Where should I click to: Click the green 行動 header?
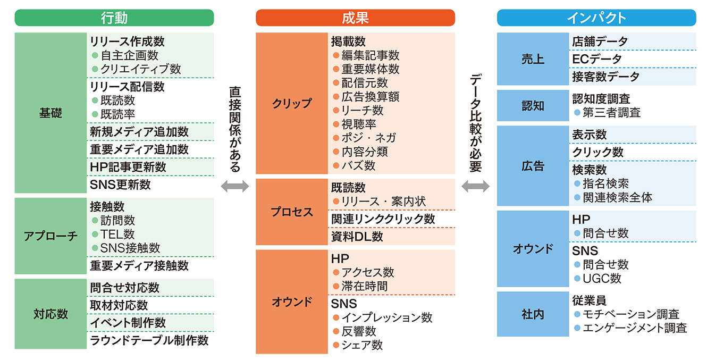pos(114,18)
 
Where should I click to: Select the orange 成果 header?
pos(355,18)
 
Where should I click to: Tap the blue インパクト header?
pos(596,18)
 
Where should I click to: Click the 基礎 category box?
pos(50,113)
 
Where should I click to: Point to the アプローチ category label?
pos(50,236)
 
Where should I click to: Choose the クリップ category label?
pos(292,103)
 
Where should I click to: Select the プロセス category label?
pos(292,212)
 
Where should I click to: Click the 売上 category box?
pos(533,59)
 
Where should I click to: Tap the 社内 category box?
pos(533,314)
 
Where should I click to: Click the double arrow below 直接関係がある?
pos(235,186)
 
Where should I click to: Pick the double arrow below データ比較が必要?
pos(475,186)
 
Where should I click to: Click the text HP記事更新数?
pos(128,167)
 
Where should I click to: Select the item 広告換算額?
pos(370,97)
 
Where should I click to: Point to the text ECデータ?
pos(597,59)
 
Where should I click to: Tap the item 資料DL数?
pos(357,237)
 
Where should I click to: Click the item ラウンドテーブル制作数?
pos(149,340)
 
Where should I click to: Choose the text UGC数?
pos(602,279)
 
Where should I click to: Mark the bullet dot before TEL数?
pos(95,235)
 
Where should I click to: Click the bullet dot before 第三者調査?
pos(577,112)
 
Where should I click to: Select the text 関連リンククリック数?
pos(383,219)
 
